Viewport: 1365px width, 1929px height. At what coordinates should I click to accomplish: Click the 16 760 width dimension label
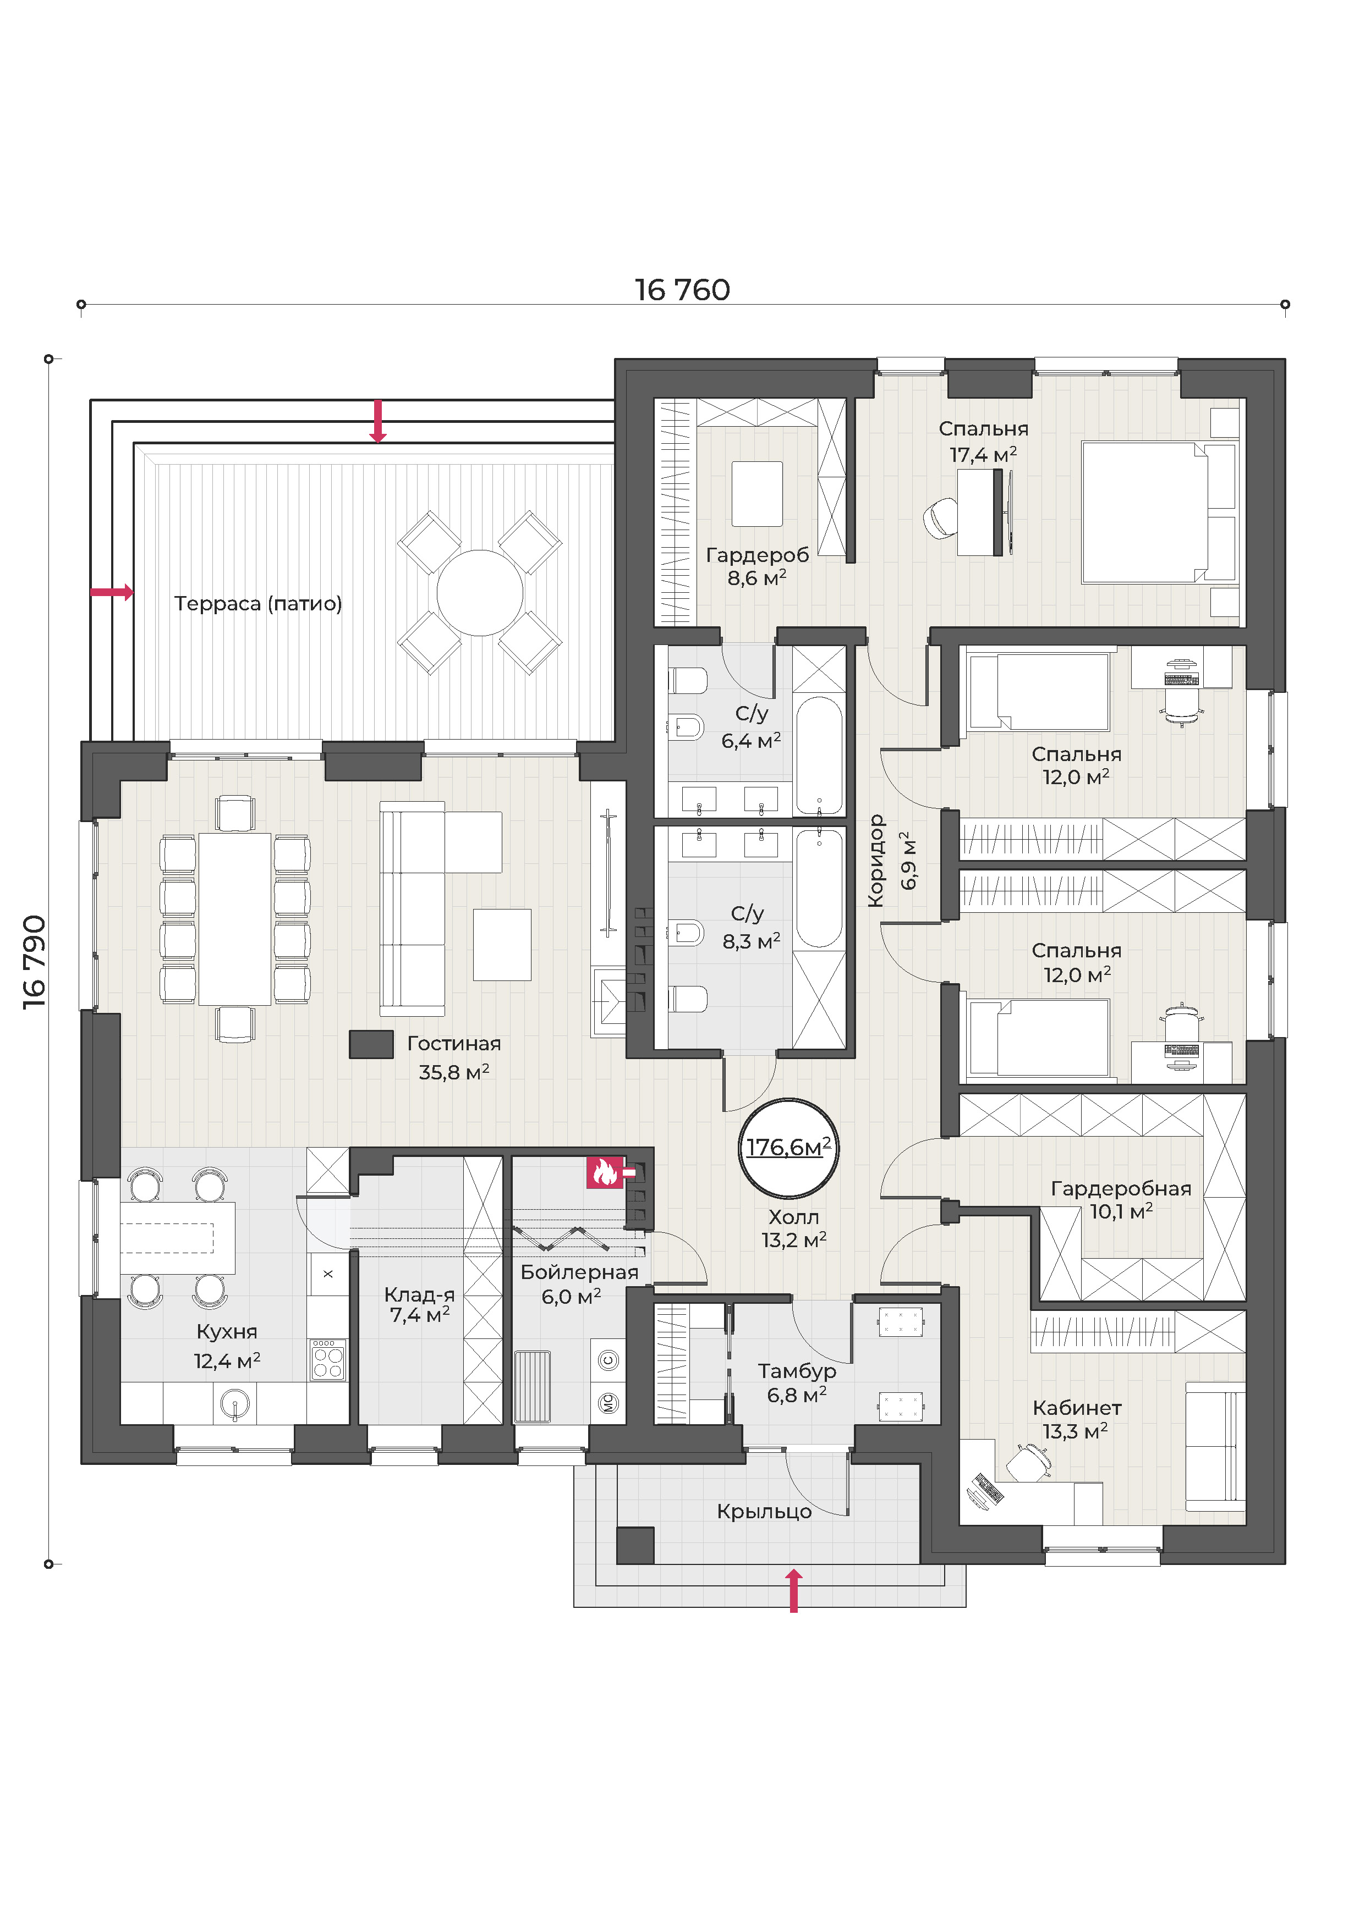682,290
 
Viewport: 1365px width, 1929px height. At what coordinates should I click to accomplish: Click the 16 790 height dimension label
35,961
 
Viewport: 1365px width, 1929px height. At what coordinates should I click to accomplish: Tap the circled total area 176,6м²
788,1148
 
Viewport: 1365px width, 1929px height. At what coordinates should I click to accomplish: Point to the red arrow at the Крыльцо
793,1590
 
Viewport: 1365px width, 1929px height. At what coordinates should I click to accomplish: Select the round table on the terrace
480,592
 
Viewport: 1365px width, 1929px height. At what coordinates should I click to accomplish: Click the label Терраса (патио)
258,603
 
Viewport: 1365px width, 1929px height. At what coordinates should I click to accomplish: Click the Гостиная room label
454,1044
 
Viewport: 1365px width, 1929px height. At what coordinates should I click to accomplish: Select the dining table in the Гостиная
234,918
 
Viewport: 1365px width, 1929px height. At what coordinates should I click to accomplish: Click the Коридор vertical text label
876,861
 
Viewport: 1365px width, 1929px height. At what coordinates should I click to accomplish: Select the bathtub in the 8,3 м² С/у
819,888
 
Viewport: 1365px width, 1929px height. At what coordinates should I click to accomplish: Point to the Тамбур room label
797,1370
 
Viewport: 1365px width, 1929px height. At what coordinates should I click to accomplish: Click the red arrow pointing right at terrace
112,592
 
